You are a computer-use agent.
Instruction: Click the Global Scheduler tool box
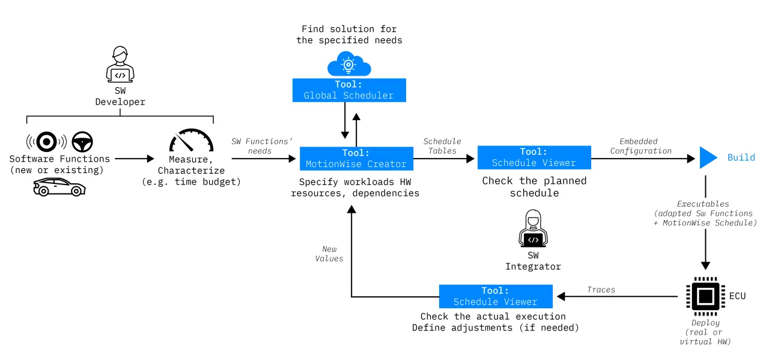(x=348, y=90)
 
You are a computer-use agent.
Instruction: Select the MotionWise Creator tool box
(x=355, y=158)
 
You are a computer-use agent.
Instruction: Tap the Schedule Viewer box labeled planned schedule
(x=533, y=157)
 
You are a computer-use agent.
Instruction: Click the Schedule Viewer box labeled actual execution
(x=495, y=296)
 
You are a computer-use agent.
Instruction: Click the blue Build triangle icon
(x=708, y=157)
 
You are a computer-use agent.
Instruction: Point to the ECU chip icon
(x=705, y=296)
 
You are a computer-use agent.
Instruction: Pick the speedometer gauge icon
(x=191, y=141)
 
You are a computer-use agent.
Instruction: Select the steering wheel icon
(x=82, y=142)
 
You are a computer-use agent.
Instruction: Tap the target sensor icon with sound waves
(x=46, y=142)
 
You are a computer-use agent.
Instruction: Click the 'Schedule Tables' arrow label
(x=442, y=146)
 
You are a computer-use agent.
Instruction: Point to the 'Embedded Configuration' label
(x=640, y=146)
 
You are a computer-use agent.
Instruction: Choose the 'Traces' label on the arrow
(x=601, y=290)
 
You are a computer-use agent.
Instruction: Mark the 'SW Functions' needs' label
(x=261, y=146)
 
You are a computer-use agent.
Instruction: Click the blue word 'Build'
(x=741, y=157)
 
